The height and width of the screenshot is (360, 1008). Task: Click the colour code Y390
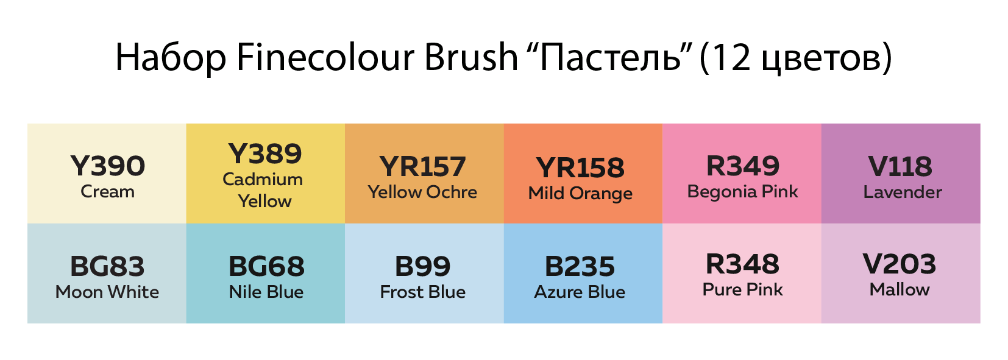[x=107, y=166]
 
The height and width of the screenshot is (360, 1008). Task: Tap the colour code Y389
[x=265, y=154]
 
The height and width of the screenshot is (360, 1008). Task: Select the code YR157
[x=422, y=166]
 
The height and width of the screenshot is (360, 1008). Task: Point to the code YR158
[x=581, y=168]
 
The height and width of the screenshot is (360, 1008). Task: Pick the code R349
[x=743, y=166]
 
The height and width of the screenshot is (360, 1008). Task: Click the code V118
[x=901, y=166]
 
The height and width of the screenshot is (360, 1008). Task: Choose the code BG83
[x=107, y=266]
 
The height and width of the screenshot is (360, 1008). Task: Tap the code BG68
[x=266, y=266]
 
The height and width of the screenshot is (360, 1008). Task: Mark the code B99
[x=422, y=266]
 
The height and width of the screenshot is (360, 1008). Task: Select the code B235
[x=580, y=266]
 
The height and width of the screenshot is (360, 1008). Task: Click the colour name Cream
[x=107, y=192]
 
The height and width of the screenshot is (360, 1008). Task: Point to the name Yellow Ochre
[x=422, y=192]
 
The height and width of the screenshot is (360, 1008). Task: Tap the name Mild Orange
[x=581, y=194]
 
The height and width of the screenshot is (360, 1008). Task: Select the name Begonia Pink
[x=743, y=192]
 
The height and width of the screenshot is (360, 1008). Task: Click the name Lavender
[x=903, y=192]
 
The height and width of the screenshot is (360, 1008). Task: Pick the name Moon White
[x=107, y=292]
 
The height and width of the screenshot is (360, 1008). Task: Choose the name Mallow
[x=900, y=289]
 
